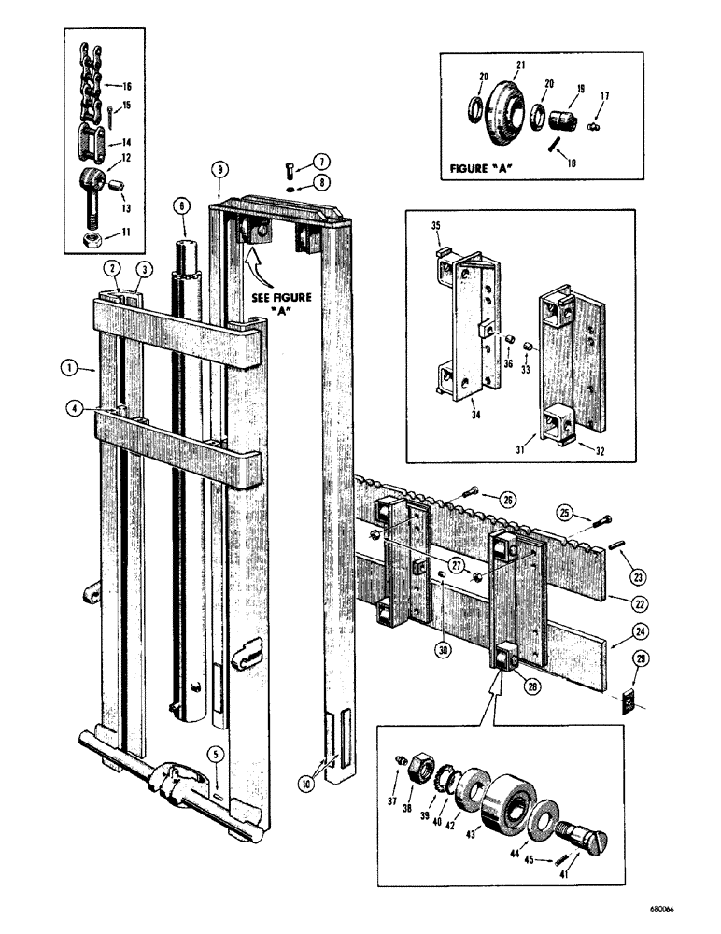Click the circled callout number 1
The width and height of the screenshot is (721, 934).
pyautogui.click(x=71, y=368)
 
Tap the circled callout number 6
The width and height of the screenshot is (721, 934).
pyautogui.click(x=181, y=207)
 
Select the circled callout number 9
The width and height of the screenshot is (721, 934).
pyautogui.click(x=219, y=170)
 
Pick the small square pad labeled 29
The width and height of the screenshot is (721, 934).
pyautogui.click(x=629, y=698)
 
